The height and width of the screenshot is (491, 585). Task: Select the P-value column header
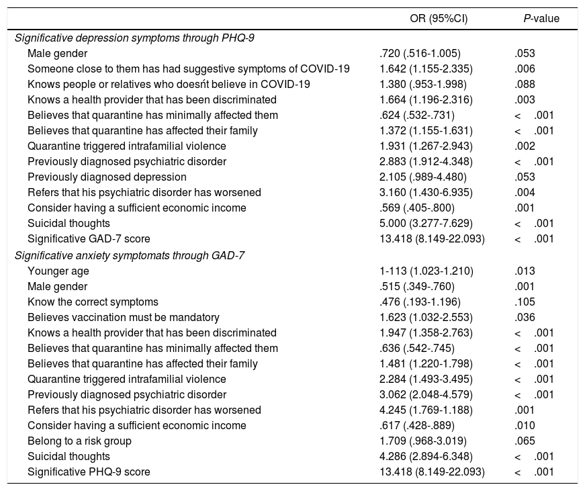[541, 19]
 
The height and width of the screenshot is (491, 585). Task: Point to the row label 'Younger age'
[58, 271]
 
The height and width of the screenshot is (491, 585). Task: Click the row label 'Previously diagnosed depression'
[107, 177]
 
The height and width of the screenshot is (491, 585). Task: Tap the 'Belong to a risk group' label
[79, 441]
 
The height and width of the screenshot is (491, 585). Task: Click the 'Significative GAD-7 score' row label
[89, 239]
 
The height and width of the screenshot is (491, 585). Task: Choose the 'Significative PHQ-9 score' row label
[89, 472]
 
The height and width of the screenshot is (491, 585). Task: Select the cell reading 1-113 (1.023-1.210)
[426, 271]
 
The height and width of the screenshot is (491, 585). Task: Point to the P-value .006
[525, 69]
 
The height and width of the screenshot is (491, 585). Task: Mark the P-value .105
[525, 302]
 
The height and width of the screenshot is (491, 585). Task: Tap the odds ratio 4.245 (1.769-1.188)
[426, 410]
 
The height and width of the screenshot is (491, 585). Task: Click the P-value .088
[525, 84]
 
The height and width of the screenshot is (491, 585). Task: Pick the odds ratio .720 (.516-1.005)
[420, 53]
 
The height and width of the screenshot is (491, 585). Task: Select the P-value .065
[525, 441]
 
